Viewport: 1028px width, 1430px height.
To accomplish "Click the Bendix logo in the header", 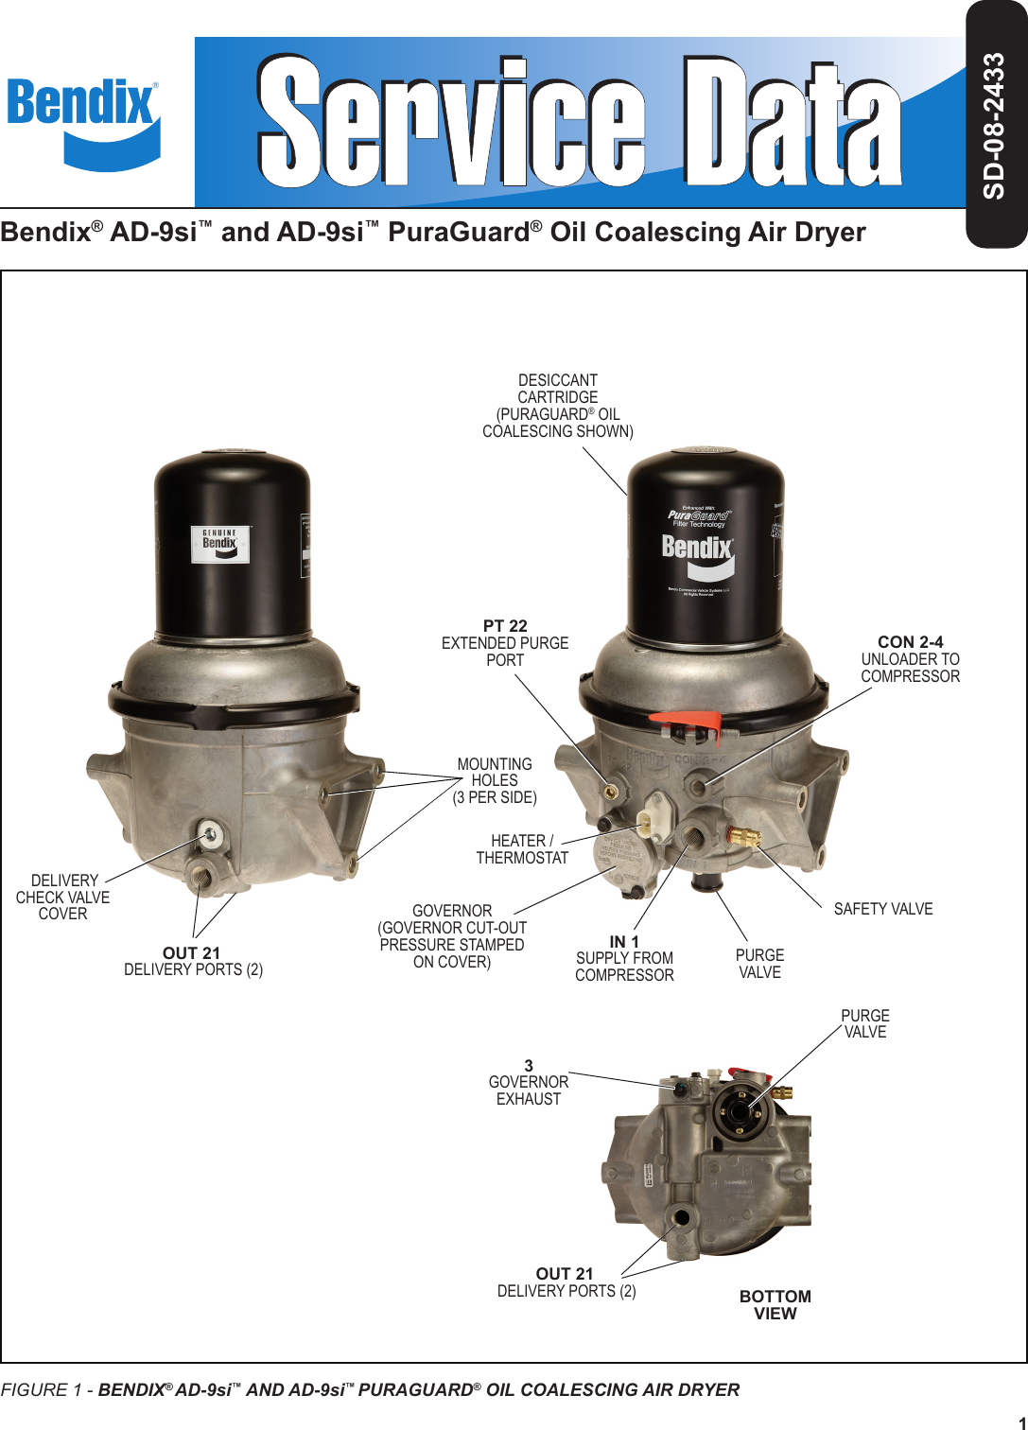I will click(x=83, y=123).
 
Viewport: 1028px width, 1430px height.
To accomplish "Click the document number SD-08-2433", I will click(x=994, y=126).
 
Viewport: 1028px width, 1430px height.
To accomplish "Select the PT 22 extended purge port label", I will click(x=505, y=643).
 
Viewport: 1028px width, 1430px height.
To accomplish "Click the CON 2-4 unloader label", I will click(x=910, y=659).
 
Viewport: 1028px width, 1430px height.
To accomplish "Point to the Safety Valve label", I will click(x=882, y=909).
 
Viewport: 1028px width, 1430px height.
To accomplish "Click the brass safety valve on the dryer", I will click(x=743, y=836).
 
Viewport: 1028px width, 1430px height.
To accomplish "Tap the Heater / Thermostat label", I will click(x=522, y=849).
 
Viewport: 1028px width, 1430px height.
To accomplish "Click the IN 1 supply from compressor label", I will click(x=624, y=958).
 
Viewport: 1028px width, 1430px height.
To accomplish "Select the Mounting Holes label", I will click(x=495, y=780).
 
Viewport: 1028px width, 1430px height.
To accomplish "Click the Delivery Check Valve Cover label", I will click(x=63, y=897).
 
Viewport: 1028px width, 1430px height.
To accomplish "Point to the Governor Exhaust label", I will click(x=529, y=1082).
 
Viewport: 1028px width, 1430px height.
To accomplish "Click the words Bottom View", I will click(x=775, y=1304).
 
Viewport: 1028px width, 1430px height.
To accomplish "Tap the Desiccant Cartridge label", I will click(x=558, y=406).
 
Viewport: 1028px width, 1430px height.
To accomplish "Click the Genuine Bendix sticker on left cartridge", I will click(x=220, y=544).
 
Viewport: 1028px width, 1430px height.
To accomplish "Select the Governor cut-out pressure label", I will click(x=452, y=936).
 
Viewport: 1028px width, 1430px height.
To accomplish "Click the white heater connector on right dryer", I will click(x=650, y=819).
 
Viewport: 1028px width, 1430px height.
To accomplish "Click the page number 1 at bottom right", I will click(x=1021, y=1422).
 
